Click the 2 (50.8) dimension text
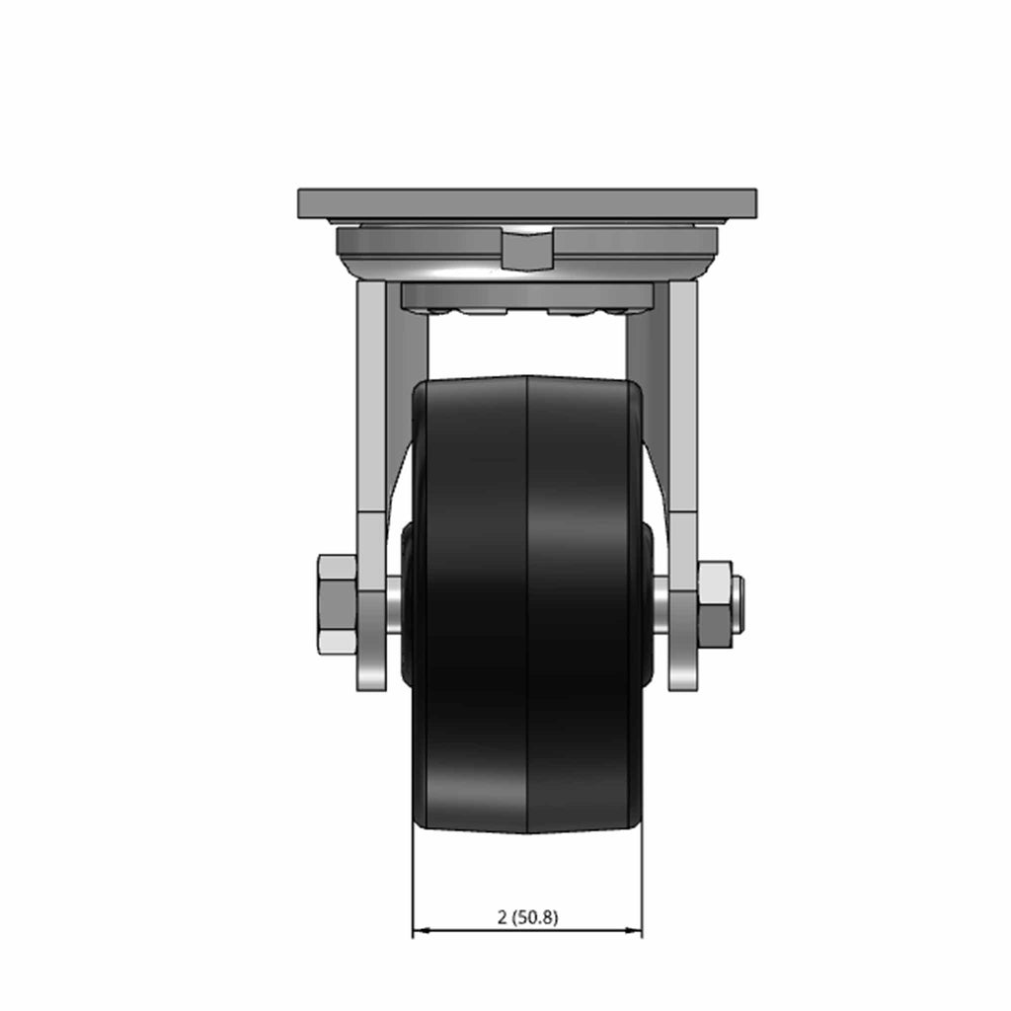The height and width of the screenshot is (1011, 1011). [x=527, y=917]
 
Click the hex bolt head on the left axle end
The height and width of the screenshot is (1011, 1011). [x=337, y=603]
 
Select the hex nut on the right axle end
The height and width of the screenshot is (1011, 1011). [x=715, y=604]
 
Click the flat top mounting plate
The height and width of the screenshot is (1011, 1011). [x=527, y=203]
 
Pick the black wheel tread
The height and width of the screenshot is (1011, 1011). [x=527, y=603]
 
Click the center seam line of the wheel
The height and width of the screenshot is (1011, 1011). [x=527, y=603]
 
